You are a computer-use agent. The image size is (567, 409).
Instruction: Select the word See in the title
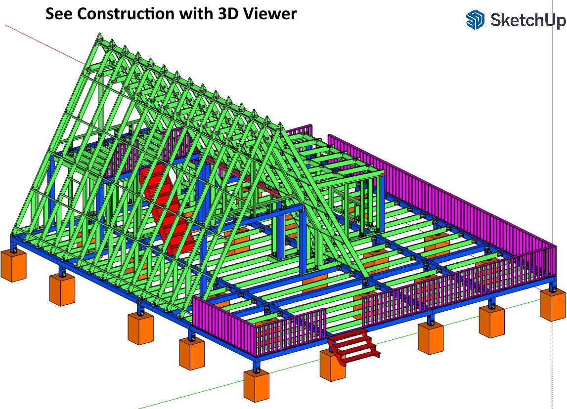(x=59, y=14)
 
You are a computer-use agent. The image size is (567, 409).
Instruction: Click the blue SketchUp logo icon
(x=475, y=19)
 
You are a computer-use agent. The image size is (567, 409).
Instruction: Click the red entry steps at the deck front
(x=353, y=345)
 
